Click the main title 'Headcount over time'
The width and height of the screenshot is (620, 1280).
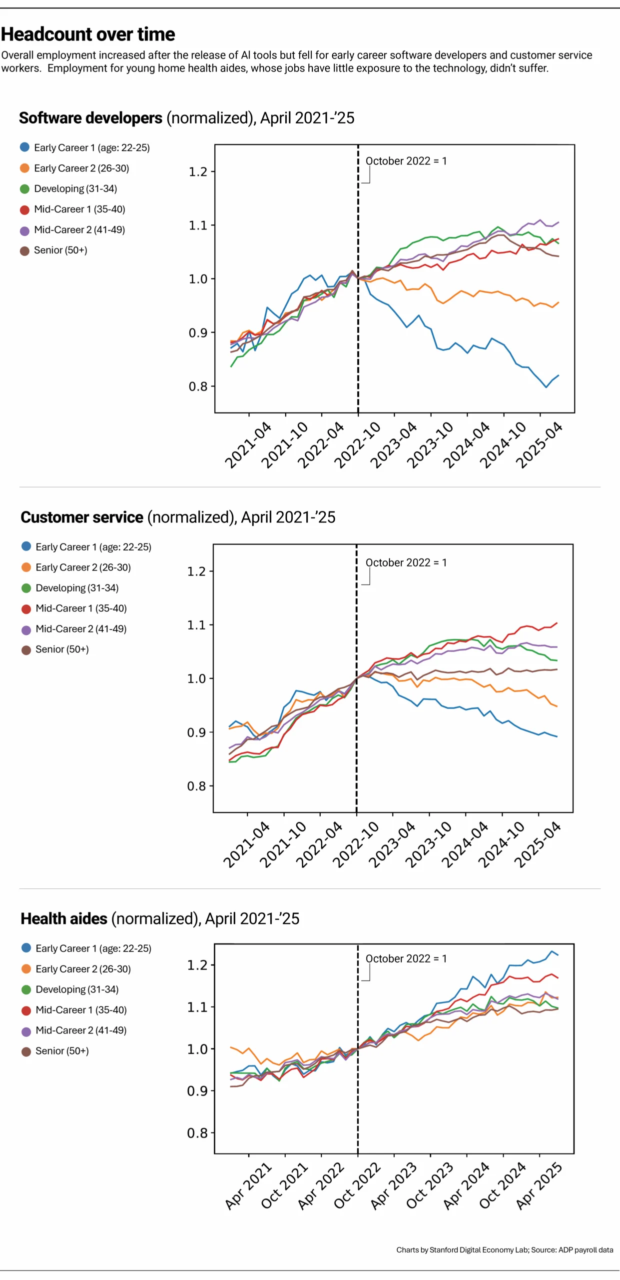(x=88, y=34)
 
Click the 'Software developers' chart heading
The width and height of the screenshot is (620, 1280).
(x=90, y=118)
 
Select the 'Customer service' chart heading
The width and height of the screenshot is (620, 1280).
(x=82, y=517)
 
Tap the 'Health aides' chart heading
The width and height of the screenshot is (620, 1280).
(x=64, y=918)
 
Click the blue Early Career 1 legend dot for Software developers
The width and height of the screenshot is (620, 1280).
(x=24, y=147)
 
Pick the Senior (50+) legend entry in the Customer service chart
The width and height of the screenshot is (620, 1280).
(x=55, y=649)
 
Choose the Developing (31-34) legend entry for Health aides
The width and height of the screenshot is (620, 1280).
(x=70, y=989)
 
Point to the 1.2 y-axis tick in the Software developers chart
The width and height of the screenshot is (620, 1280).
(x=198, y=171)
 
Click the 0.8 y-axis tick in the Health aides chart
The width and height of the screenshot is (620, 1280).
(x=197, y=1132)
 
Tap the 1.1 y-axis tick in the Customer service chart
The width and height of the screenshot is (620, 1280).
(x=197, y=624)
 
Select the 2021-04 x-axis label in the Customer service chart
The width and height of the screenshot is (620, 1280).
(x=246, y=844)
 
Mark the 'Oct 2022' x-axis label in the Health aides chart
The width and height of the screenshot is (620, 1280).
(x=357, y=1186)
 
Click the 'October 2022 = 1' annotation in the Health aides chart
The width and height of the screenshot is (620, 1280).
(x=406, y=958)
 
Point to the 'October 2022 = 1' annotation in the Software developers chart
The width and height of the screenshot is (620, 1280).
(x=406, y=161)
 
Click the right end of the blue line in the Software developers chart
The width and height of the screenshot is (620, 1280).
(x=559, y=375)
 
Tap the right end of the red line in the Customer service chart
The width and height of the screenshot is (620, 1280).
(x=557, y=623)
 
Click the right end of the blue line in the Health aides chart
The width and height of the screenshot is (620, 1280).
(x=558, y=955)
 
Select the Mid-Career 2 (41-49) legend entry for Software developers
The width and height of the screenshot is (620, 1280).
(x=72, y=230)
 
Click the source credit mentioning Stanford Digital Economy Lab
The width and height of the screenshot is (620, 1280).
(x=505, y=1249)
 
